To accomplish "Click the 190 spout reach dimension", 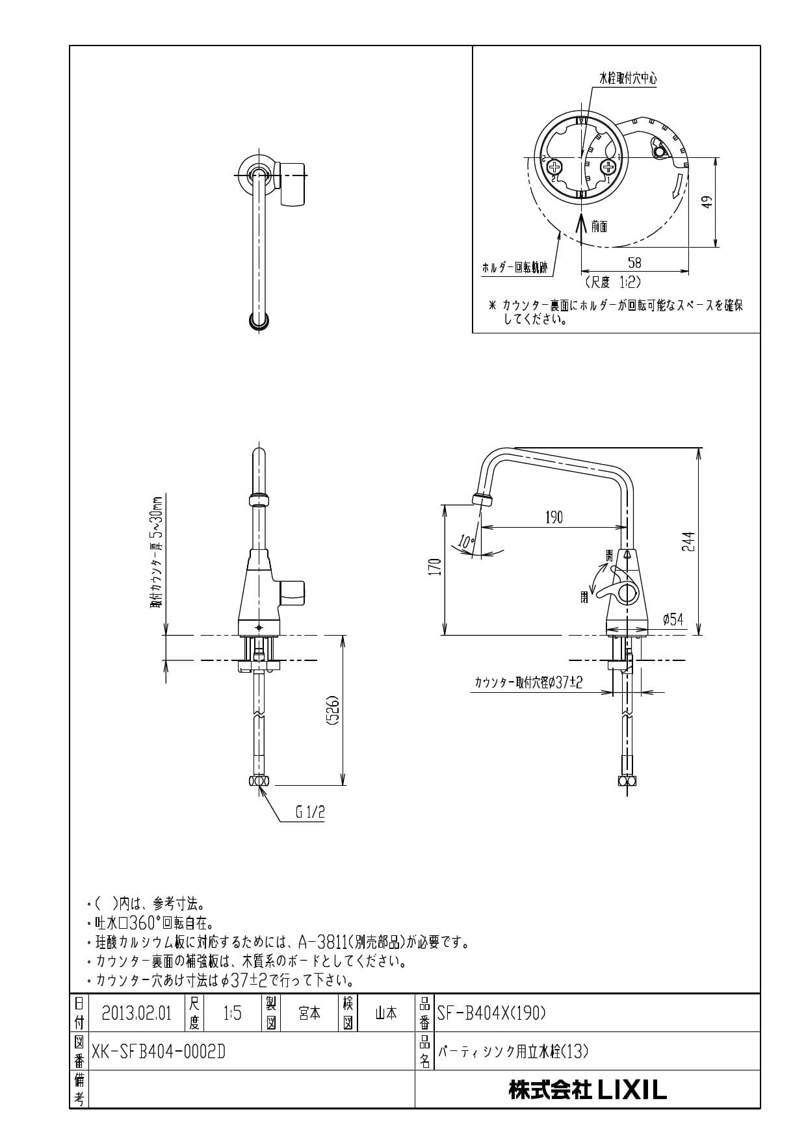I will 554,517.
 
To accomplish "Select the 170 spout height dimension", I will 435,567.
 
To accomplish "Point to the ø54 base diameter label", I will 673,619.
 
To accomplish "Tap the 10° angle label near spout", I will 466,540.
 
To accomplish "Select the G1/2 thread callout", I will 309,812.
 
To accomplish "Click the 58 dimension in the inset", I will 634,262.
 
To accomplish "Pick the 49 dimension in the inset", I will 708,201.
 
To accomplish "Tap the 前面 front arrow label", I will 599,226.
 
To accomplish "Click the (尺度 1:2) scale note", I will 613,282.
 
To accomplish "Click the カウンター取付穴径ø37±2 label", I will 528,682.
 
